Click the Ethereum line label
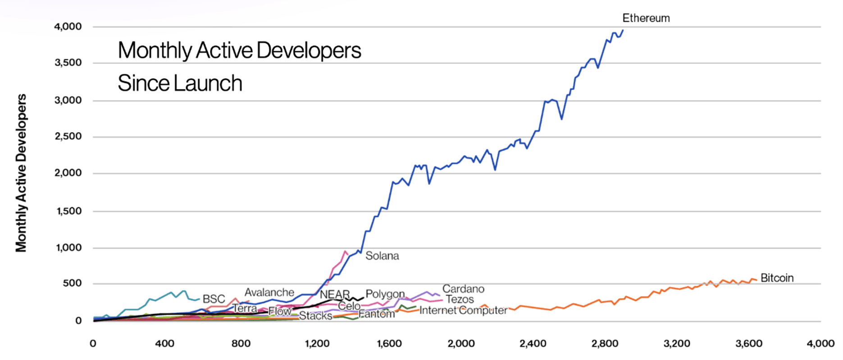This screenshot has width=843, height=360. tap(646, 18)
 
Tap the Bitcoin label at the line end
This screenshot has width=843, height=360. tap(777, 278)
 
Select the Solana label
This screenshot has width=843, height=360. tap(382, 256)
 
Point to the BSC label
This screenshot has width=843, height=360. tap(214, 299)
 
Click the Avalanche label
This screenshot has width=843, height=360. tap(269, 292)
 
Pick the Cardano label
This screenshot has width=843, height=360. tap(463, 289)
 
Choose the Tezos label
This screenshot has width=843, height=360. tap(460, 299)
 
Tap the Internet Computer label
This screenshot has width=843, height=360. tap(463, 310)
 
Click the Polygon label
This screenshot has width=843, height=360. tap(385, 294)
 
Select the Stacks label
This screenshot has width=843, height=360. tap(315, 316)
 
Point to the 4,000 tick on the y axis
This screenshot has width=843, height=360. tap(68, 27)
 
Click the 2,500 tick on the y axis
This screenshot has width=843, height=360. tap(68, 137)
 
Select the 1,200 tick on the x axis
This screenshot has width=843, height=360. tap(317, 344)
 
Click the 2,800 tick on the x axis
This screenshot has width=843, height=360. tap(605, 344)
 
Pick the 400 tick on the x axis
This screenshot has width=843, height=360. tap(164, 344)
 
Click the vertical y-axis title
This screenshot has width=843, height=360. tap(21, 173)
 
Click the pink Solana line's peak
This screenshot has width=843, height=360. tap(345, 251)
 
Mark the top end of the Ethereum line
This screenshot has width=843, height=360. tap(623, 30)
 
